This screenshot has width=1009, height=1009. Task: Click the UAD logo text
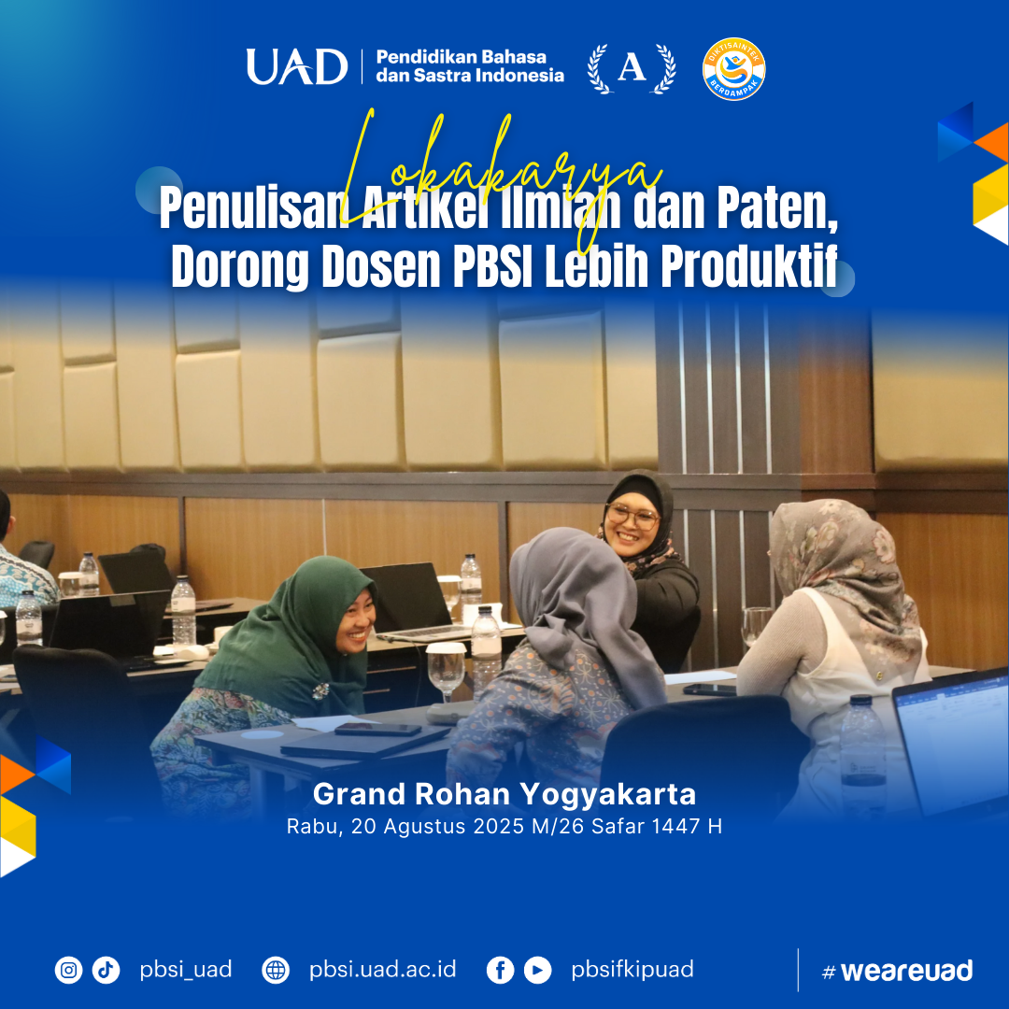pos(297,66)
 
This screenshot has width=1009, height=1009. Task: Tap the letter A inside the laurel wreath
pos(632,67)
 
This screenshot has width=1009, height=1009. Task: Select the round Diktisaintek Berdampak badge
pos(733,69)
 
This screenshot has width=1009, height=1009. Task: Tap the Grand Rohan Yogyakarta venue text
pos(504,794)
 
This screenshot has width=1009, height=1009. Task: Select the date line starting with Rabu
pos(504,826)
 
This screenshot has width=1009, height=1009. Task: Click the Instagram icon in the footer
pos(68,970)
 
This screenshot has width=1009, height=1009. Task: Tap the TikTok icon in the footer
pos(106,970)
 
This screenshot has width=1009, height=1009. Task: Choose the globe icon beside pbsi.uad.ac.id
pos(276,970)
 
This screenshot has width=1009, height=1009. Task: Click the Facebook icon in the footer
pos(500,970)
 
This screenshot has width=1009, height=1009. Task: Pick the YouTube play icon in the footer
pos(537,970)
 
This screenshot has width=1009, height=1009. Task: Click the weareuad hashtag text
pos(898,971)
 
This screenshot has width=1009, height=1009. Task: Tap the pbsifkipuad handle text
pos(632,970)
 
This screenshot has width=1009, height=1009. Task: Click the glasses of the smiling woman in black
pos(632,516)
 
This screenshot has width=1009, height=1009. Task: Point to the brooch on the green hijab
pos(320,691)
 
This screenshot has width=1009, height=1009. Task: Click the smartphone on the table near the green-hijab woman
pos(377,729)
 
